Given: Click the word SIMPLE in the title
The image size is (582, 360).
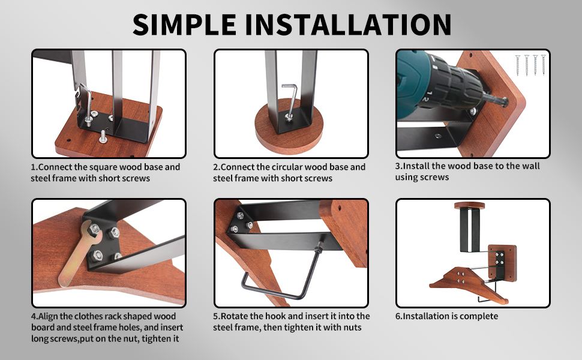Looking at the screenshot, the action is tap(184, 25).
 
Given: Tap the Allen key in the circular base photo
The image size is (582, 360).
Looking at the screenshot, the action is tap(291, 101).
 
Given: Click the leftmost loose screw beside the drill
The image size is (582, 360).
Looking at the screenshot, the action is tap(518, 65).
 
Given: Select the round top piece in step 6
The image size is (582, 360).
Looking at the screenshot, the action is tap(470, 205).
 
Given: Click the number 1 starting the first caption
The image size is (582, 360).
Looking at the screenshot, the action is tap(33, 167).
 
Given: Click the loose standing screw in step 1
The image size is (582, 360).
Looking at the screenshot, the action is tap(103, 137).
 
